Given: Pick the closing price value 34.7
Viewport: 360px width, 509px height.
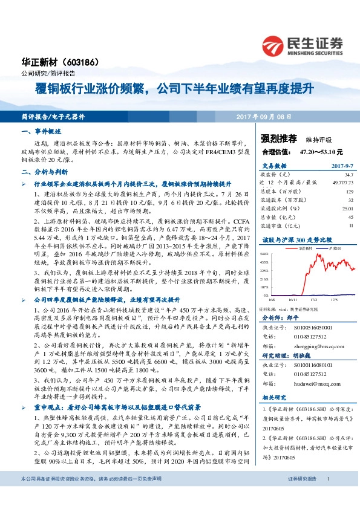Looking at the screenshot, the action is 349,173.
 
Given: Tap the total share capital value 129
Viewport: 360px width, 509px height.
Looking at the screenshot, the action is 349,191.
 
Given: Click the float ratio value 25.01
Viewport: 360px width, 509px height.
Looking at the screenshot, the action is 347,208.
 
